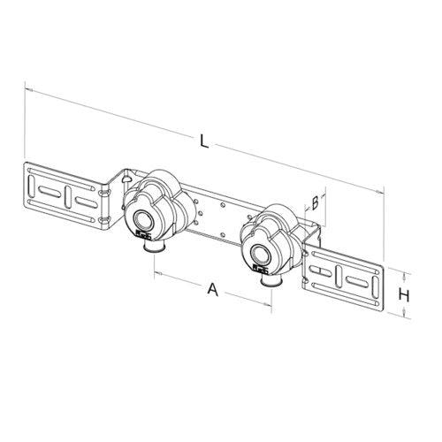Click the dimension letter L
point(204,141)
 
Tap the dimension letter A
point(213,289)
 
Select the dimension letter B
point(315,203)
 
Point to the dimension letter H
point(404,295)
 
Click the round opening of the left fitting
point(143,219)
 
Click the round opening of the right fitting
point(260,254)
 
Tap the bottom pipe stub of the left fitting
point(155,247)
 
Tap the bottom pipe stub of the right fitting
point(273,280)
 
